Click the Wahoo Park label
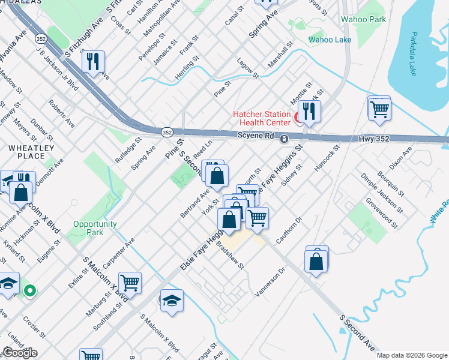coord(363,19)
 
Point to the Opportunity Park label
coord(95,228)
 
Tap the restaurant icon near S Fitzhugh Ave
coord(93,62)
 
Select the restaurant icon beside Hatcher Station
coord(309,111)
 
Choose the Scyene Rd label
coord(255,136)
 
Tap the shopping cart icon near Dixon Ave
coord(379,109)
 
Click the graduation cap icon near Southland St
coord(172,301)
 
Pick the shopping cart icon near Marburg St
coord(130,282)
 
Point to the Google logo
coord(20,353)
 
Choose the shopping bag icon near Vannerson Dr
coord(316,262)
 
